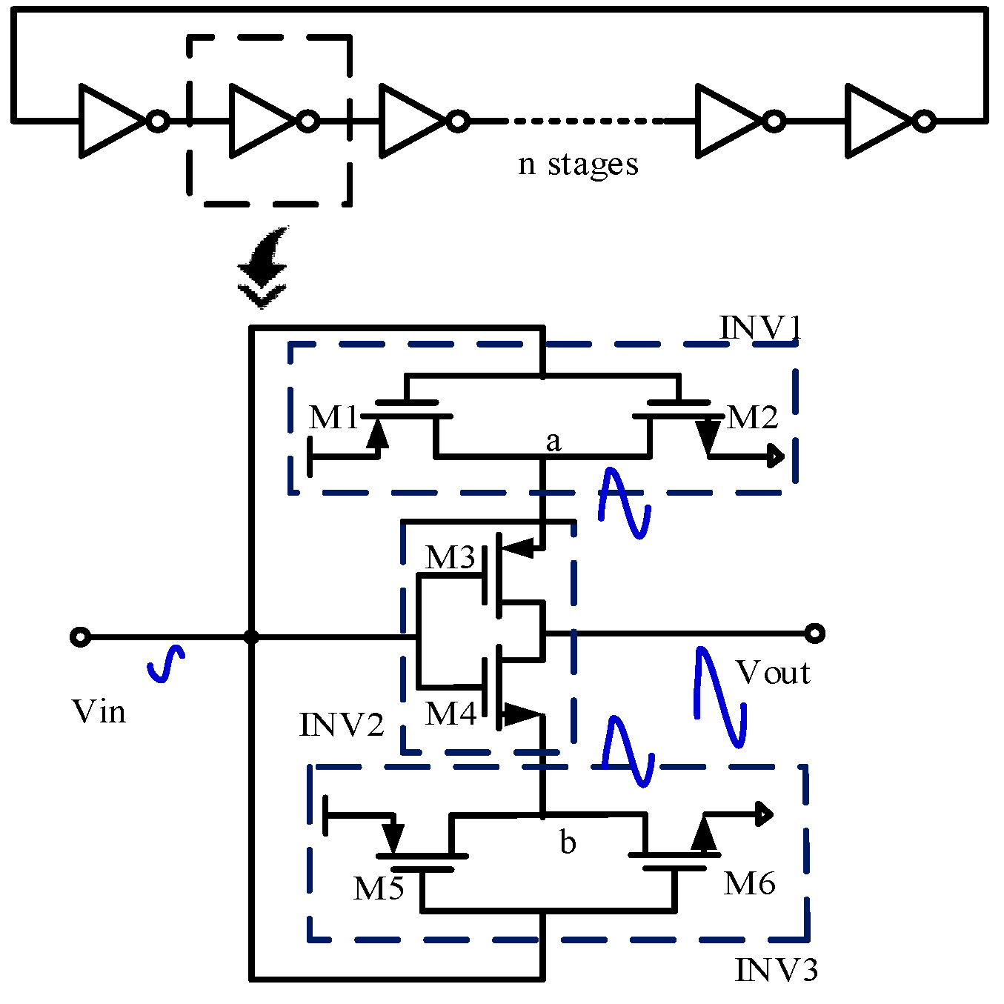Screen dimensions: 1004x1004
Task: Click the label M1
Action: [x=333, y=418]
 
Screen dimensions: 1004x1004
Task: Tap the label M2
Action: [x=753, y=418]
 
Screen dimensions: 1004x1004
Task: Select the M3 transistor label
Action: [x=449, y=557]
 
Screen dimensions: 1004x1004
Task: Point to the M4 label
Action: [x=450, y=714]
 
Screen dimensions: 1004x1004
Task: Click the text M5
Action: [x=378, y=888]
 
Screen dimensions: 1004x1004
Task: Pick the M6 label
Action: [x=749, y=883]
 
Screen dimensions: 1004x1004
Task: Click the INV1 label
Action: [x=760, y=328]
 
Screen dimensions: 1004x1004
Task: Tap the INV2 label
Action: [x=342, y=725]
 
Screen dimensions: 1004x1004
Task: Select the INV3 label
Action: [x=776, y=970]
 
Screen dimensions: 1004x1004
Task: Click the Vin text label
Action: [x=99, y=712]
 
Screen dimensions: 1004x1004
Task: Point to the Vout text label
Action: [x=773, y=673]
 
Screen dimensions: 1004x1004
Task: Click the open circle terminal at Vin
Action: [x=80, y=636]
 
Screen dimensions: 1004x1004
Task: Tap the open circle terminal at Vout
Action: [x=814, y=633]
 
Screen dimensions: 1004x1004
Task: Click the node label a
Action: [x=553, y=442]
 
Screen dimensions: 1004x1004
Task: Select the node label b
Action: [x=568, y=842]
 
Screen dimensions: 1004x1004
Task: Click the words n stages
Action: [x=578, y=164]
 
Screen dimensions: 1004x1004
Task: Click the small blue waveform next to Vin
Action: [x=167, y=663]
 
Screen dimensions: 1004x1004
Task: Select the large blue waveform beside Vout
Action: [x=719, y=697]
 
